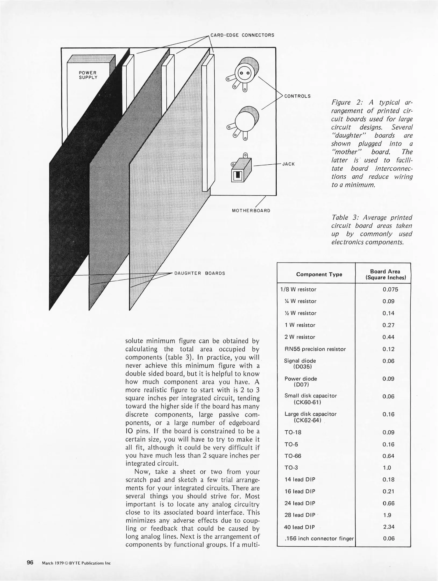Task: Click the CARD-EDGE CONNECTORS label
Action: click(x=242, y=35)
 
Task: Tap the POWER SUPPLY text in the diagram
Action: click(x=88, y=75)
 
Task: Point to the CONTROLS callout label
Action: click(x=297, y=96)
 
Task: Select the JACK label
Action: click(x=289, y=164)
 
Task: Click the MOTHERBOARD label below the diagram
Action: click(x=251, y=211)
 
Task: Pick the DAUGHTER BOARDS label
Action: click(x=200, y=274)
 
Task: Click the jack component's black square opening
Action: click(x=238, y=175)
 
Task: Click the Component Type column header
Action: click(x=319, y=274)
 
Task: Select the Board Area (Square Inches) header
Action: click(x=385, y=275)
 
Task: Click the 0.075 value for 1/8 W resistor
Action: click(x=390, y=289)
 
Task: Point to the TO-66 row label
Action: click(x=293, y=456)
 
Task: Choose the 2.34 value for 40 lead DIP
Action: click(x=389, y=527)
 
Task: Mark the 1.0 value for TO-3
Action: click(x=387, y=468)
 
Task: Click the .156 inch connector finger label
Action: click(x=319, y=539)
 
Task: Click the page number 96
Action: click(x=30, y=562)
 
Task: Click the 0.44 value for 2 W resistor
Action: click(x=389, y=337)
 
